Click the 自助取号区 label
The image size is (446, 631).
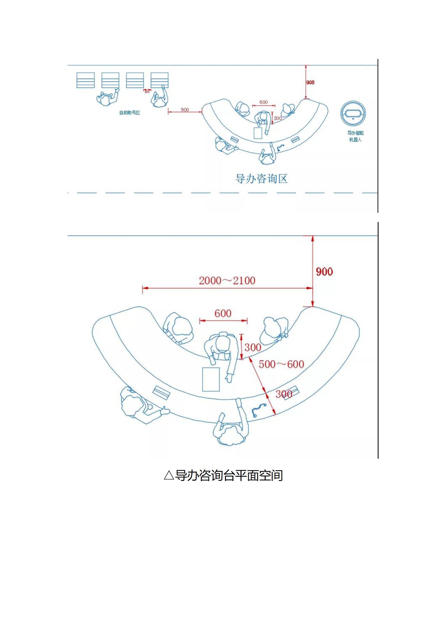point(130,113)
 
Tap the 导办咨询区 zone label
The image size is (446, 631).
point(261,179)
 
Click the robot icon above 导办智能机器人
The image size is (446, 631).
point(353,114)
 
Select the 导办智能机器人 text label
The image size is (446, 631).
point(355,136)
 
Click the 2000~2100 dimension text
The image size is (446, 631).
point(227,281)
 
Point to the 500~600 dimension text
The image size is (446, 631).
point(281,364)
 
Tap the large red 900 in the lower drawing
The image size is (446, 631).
point(324,272)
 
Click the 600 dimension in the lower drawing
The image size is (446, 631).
point(223,313)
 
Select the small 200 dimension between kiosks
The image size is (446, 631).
point(147,92)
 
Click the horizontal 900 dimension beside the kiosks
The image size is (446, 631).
point(185,110)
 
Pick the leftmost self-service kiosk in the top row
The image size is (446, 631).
point(86,80)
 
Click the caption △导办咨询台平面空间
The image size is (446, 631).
point(223,475)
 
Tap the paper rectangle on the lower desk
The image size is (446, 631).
point(211,379)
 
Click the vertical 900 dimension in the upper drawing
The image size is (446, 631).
point(310,82)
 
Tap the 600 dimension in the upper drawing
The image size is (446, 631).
point(264,102)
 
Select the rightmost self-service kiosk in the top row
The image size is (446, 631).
point(160,80)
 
